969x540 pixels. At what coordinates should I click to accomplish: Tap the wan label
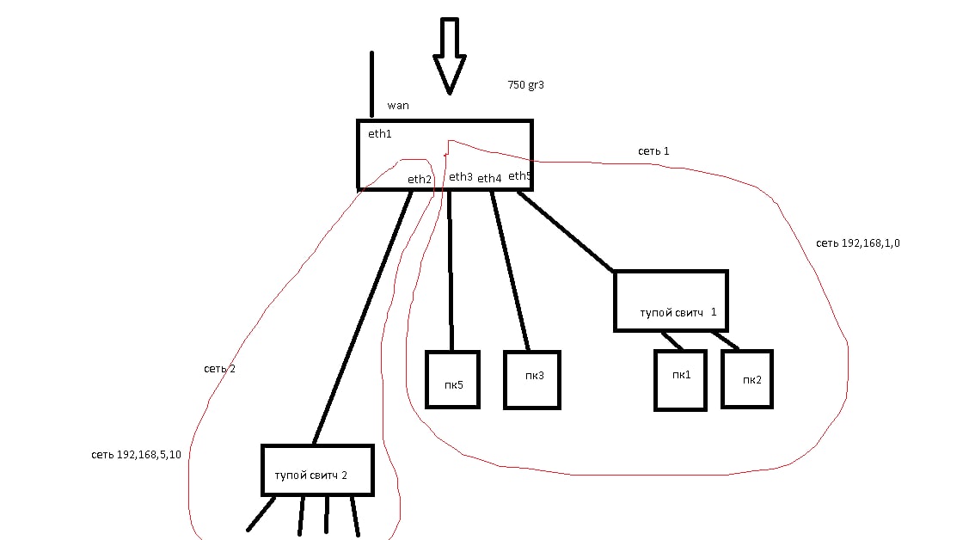coord(398,106)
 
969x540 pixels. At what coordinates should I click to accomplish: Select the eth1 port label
coord(379,134)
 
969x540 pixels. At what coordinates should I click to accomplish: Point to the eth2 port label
coord(420,180)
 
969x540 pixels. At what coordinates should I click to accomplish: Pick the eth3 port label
coord(460,177)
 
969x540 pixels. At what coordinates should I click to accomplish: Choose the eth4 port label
coord(489,178)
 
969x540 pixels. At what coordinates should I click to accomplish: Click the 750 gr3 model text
coord(526,85)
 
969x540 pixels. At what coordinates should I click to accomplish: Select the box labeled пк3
coord(531,379)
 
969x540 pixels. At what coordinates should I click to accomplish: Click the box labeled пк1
coord(680,379)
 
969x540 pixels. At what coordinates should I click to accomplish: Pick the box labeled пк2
coord(747,378)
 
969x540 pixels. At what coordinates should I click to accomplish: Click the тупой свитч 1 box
coord(671,301)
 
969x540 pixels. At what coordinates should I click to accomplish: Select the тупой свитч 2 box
coord(317,470)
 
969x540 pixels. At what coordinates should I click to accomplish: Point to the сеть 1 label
coord(653,151)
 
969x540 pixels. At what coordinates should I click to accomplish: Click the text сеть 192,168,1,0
coord(857,243)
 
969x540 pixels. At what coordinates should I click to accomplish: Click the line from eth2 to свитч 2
coord(362,317)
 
